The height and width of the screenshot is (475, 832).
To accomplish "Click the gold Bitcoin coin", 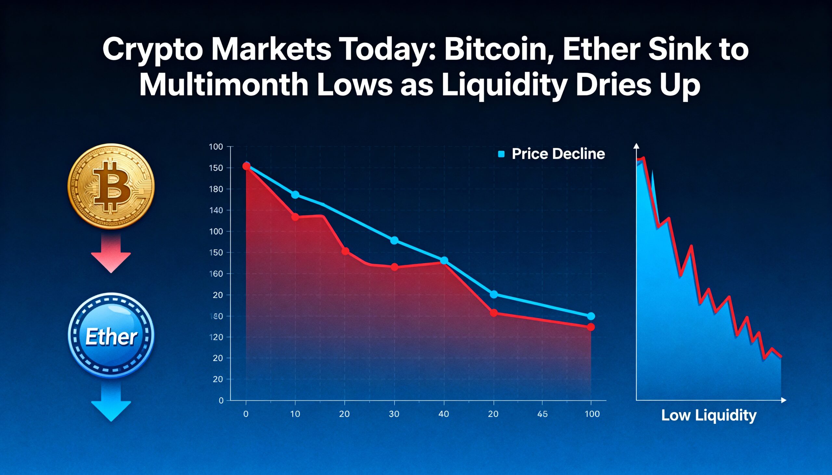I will (111, 186).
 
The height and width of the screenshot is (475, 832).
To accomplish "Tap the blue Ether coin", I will (111, 335).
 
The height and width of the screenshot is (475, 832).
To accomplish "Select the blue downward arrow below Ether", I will (111, 404).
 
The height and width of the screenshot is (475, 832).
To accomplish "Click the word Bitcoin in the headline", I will (495, 50).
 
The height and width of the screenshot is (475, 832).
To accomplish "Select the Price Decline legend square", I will (501, 154).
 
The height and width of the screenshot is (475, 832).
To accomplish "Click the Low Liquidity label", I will (708, 416).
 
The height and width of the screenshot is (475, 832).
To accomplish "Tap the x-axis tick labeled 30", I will (394, 414).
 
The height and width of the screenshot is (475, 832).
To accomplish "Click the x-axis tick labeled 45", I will (542, 414).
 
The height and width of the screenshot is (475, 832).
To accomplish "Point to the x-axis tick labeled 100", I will (592, 414).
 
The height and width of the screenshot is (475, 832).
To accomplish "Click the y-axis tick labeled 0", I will (221, 401).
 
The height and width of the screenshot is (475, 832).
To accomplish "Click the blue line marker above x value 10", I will (295, 195).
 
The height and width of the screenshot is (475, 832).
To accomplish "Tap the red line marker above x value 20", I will (345, 251).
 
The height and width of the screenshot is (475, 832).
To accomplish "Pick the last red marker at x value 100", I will (591, 327).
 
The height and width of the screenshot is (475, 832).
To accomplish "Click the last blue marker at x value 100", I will (591, 316).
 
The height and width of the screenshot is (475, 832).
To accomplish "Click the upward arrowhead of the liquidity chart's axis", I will (636, 146).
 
